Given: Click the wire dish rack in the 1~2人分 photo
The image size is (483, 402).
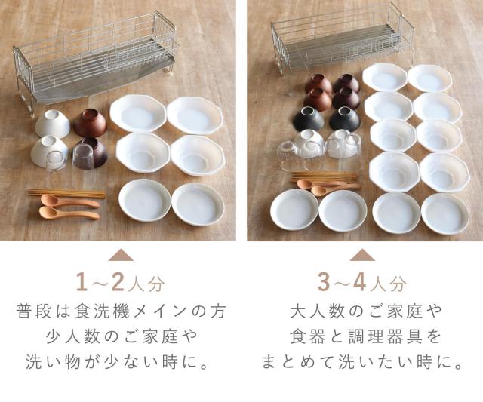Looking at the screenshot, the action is pyautogui.click(x=96, y=62).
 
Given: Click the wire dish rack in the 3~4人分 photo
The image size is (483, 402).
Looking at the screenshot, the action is pyautogui.click(x=342, y=40).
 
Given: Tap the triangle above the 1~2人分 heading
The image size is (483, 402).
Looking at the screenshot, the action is pyautogui.click(x=121, y=256).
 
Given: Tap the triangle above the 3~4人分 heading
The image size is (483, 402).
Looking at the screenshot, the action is pyautogui.click(x=362, y=255).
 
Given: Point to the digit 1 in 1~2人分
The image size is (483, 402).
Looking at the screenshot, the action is pyautogui.click(x=82, y=282).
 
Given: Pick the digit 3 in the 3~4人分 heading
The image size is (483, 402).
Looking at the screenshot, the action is pyautogui.click(x=324, y=282).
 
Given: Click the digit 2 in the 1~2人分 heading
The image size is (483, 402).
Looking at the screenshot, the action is pyautogui.click(x=118, y=282).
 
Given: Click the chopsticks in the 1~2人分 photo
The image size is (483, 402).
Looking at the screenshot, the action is pyautogui.click(x=67, y=192).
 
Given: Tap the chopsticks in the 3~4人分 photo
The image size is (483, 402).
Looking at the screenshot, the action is pyautogui.click(x=324, y=176).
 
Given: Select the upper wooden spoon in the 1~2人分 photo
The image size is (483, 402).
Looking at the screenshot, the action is pyautogui.click(x=69, y=201).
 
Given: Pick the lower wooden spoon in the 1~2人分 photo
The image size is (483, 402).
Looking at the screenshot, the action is pyautogui.click(x=69, y=213).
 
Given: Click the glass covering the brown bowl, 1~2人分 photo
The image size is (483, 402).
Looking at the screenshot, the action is pyautogui.click(x=84, y=156).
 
